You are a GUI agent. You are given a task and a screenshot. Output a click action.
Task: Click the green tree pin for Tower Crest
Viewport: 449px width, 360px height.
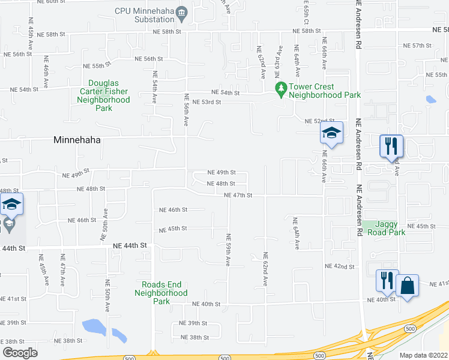[280, 88]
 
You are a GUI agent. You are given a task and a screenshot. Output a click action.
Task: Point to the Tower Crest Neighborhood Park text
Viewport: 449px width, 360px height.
[325, 91]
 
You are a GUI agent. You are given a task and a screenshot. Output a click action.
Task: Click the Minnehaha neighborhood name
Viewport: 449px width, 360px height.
[77, 140]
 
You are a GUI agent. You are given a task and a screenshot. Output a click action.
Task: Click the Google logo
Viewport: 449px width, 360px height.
[20, 352]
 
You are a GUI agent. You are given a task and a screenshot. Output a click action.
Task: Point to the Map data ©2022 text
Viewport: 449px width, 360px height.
[423, 355]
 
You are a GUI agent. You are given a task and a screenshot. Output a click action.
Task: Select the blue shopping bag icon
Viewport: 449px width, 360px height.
[407, 286]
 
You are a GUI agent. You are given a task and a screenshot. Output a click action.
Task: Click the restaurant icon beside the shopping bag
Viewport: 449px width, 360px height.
[385, 280]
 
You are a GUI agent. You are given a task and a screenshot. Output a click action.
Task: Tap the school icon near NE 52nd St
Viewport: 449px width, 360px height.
[331, 133]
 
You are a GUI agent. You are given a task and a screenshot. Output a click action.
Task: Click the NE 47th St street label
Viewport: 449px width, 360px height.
[238, 195]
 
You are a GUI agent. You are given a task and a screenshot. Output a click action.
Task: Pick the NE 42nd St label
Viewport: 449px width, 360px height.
[336, 266]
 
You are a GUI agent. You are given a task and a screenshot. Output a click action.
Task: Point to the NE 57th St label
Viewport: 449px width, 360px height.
[417, 46]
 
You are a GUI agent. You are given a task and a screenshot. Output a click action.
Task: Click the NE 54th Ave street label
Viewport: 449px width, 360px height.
[155, 88]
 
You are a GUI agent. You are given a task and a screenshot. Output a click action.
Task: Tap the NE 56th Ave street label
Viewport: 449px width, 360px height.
[186, 109]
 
